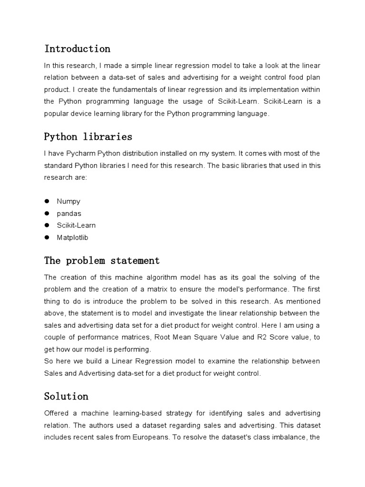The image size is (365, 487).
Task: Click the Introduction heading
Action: [x=77, y=49]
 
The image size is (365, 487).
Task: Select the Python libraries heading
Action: [x=88, y=136]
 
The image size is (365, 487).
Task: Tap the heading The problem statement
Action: [x=102, y=261]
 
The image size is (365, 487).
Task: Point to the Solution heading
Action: [x=66, y=396]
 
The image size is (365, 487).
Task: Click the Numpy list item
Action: [x=69, y=202]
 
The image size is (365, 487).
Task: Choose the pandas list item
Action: [x=69, y=214]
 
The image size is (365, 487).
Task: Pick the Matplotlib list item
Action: [x=73, y=237]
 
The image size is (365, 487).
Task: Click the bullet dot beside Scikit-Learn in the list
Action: [x=47, y=225]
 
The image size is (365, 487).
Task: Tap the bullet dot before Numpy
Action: [x=47, y=202]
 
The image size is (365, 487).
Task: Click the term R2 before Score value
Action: [x=252, y=337]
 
